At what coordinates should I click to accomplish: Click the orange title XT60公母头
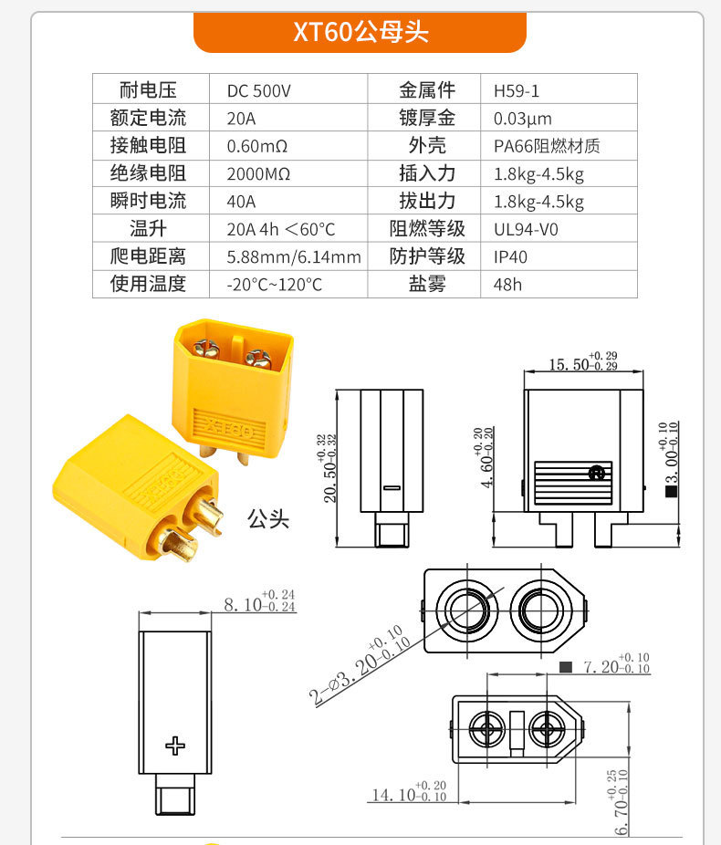pos(360,32)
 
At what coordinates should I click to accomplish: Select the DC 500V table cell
pos(258,90)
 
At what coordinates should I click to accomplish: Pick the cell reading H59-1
pos(517,90)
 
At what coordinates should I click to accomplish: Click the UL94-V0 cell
pos(526,229)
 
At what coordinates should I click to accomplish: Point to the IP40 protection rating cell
pos(510,257)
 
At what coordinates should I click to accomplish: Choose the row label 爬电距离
pos(148,256)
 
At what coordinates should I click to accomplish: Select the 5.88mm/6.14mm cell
pos(294,257)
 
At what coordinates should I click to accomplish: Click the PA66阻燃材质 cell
pos(547,146)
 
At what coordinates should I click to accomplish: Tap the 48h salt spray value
pos(507,285)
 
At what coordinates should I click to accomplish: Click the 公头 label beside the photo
pos(268,519)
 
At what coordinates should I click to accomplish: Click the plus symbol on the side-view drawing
pos(175,746)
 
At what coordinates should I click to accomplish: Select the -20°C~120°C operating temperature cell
pos(274,285)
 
